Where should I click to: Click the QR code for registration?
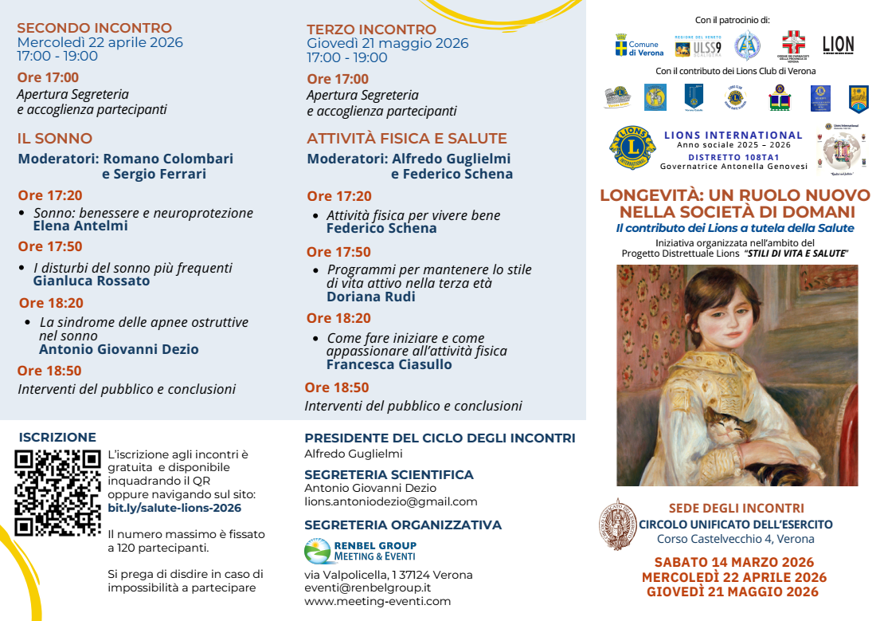pyautogui.click(x=57, y=493)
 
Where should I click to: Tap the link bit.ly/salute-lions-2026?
pyautogui.click(x=174, y=508)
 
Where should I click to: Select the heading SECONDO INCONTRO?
pyautogui.click(x=94, y=29)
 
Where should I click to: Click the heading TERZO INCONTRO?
pyautogui.click(x=371, y=29)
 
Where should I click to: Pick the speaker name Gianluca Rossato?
pyautogui.click(x=92, y=281)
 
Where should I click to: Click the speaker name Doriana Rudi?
pyautogui.click(x=371, y=297)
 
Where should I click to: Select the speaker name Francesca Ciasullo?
pyautogui.click(x=389, y=364)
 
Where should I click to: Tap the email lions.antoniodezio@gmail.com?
pyautogui.click(x=391, y=501)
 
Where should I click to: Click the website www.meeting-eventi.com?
pyautogui.click(x=377, y=601)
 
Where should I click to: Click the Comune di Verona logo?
pyautogui.click(x=639, y=45)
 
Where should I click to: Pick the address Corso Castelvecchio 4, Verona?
pyautogui.click(x=735, y=539)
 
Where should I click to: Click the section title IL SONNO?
pyautogui.click(x=55, y=138)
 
